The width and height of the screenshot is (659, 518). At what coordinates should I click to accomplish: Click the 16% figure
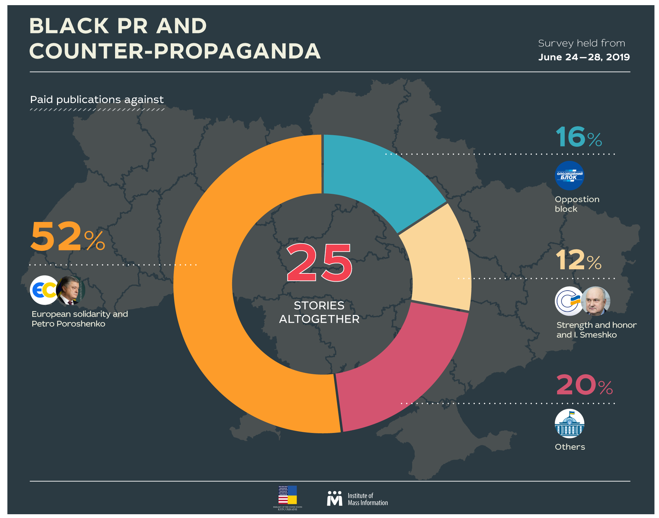(579, 137)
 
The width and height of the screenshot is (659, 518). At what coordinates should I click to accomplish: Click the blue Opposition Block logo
(569, 176)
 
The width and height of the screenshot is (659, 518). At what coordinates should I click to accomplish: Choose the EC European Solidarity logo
(44, 290)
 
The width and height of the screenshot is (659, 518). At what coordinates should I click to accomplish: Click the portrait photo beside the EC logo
(71, 290)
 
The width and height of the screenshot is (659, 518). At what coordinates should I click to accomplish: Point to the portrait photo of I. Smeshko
(596, 301)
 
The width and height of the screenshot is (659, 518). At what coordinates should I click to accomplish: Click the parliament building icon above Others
(569, 424)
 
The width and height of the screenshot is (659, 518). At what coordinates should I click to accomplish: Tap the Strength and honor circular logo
(569, 301)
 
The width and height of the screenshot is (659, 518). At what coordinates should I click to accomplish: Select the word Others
(570, 447)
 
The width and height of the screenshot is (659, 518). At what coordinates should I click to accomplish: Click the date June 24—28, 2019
(584, 57)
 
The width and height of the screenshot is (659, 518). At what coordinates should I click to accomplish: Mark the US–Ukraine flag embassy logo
(288, 496)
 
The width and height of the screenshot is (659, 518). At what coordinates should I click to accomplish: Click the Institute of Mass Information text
(367, 499)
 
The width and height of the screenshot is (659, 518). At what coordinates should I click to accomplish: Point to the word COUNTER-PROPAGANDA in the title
(175, 51)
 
